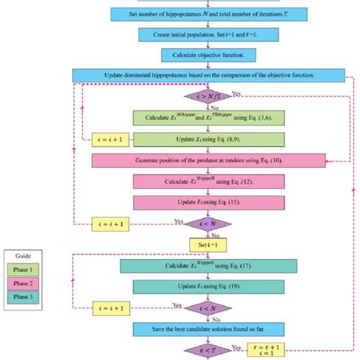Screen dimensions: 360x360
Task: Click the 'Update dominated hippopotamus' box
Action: point(208,75)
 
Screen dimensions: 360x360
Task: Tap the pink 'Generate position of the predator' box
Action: point(208,161)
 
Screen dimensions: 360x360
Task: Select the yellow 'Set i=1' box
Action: point(204,244)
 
